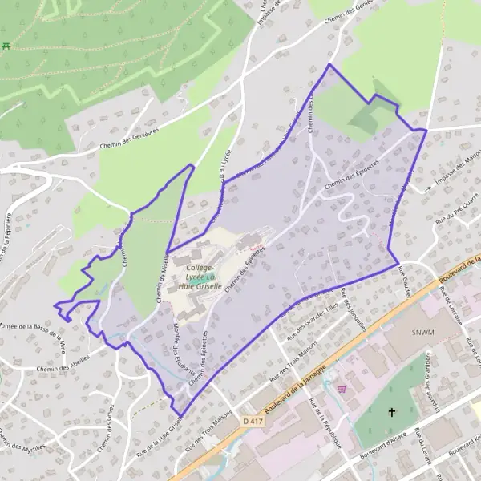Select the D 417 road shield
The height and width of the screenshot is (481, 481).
[249, 419]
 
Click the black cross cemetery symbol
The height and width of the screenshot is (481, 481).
[392, 412]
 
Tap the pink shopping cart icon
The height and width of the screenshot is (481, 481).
[343, 389]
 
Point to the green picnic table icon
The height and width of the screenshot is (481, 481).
[7, 45]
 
